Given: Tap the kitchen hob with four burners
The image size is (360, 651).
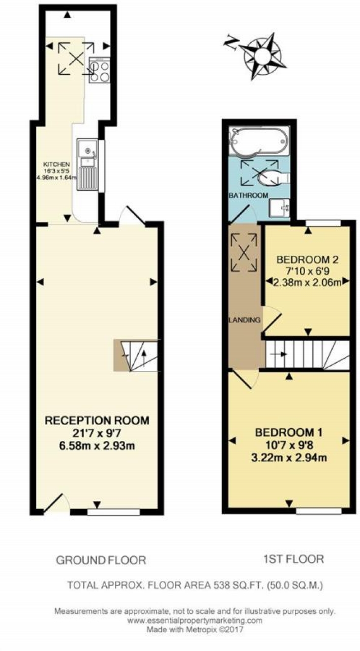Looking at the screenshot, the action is [100, 70].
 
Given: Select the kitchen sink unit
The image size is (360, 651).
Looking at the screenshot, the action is [87, 164].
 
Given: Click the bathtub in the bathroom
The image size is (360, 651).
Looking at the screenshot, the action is [259, 141].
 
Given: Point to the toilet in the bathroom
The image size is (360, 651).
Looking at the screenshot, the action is [274, 177].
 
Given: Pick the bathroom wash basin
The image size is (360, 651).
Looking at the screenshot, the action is [279, 208].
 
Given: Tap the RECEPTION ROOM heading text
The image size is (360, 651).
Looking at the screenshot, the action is [97, 421].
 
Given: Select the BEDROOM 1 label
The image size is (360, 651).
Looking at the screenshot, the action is [288, 432].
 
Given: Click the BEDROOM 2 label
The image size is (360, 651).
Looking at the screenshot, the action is [308, 259].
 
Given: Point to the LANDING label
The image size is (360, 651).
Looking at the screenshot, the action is [245, 320].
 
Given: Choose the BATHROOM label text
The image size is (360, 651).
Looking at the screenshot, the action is [249, 195].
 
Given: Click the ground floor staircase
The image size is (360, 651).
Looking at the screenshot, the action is [136, 355].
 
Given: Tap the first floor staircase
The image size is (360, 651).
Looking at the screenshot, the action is [308, 355].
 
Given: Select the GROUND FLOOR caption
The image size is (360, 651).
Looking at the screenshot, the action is [101, 560].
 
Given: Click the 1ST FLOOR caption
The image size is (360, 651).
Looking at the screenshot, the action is [293, 559].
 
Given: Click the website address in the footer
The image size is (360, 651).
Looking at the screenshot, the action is [195, 620].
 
